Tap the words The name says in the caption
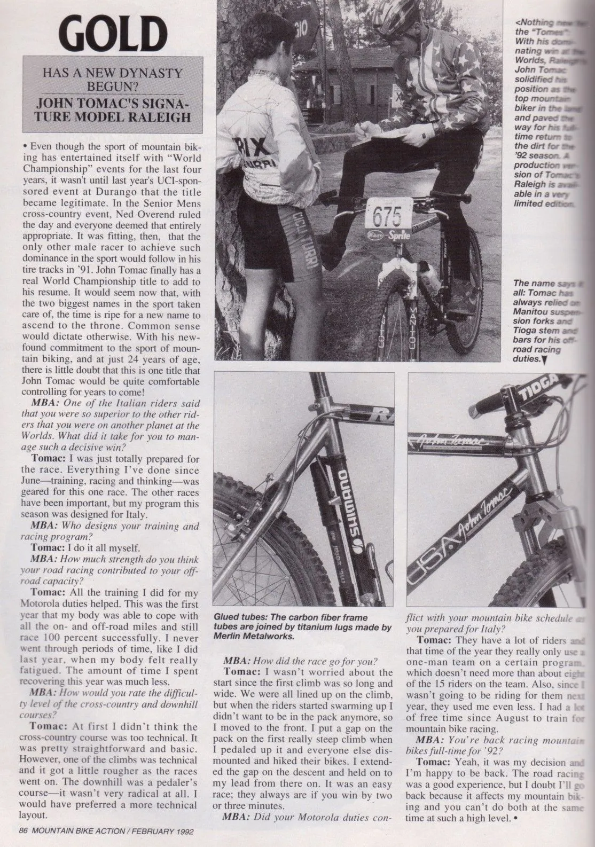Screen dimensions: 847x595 [x=541, y=284]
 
